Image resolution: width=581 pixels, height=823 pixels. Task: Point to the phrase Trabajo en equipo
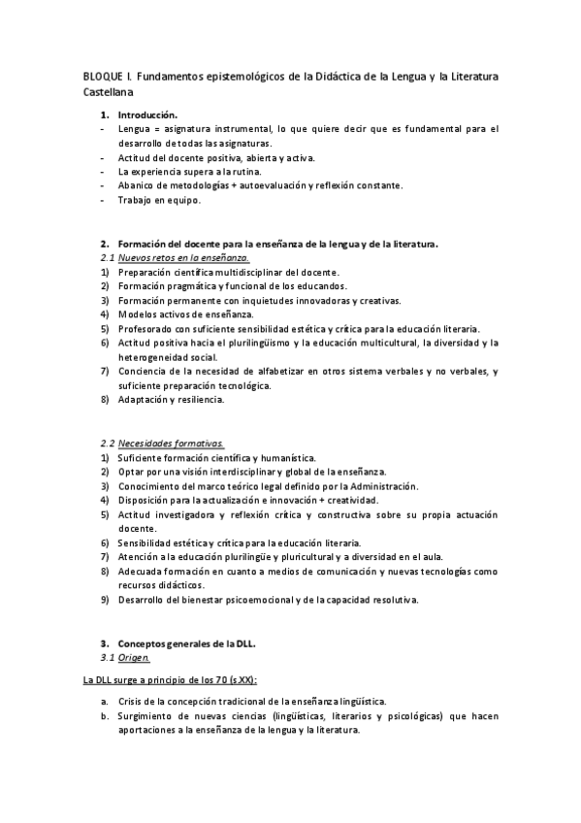[x=159, y=200]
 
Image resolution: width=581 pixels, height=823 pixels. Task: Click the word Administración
[x=377, y=485]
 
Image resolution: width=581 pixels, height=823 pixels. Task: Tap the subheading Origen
[x=136, y=657]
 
